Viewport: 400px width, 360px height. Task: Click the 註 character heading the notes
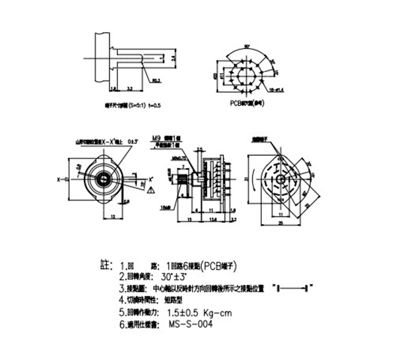coord(105,265)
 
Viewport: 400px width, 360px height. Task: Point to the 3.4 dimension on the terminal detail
coord(173,58)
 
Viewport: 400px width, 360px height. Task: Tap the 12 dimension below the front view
coord(112,217)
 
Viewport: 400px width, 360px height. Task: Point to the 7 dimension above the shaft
coord(183,166)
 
